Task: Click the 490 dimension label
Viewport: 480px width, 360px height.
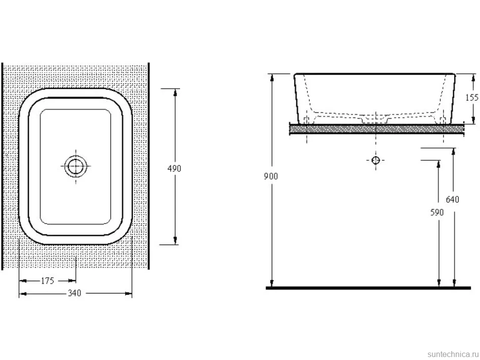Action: click(x=175, y=169)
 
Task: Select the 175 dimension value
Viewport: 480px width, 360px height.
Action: click(x=48, y=280)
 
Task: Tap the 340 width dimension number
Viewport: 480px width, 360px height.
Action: click(x=74, y=293)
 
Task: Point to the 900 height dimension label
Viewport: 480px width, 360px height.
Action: click(x=271, y=176)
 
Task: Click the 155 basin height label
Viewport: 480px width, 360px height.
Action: click(x=472, y=97)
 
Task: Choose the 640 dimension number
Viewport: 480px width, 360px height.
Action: click(x=452, y=199)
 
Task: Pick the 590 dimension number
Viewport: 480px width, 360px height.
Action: click(x=437, y=212)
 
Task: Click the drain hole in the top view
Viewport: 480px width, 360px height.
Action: click(x=76, y=166)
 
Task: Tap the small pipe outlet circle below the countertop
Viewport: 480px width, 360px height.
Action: click(x=376, y=160)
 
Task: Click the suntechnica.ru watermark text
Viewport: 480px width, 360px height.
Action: click(x=453, y=354)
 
